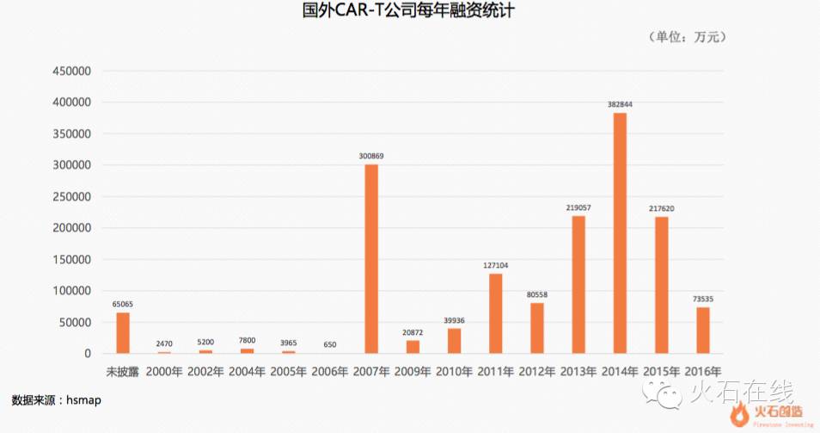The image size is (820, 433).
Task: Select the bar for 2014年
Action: point(620,232)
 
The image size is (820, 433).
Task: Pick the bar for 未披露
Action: point(123,332)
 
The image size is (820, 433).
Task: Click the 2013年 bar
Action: point(578,284)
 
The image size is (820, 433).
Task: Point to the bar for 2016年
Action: point(702,330)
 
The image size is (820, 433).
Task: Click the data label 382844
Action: point(620,104)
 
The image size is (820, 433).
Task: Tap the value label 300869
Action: point(371,156)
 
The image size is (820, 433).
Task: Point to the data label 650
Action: point(330,344)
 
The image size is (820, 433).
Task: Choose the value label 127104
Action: point(496,265)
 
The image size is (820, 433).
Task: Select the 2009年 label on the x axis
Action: point(413,372)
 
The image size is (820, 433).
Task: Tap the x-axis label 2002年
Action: point(205,372)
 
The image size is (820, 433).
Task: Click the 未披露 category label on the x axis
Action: point(123,372)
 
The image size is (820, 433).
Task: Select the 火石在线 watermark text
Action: point(741,393)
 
